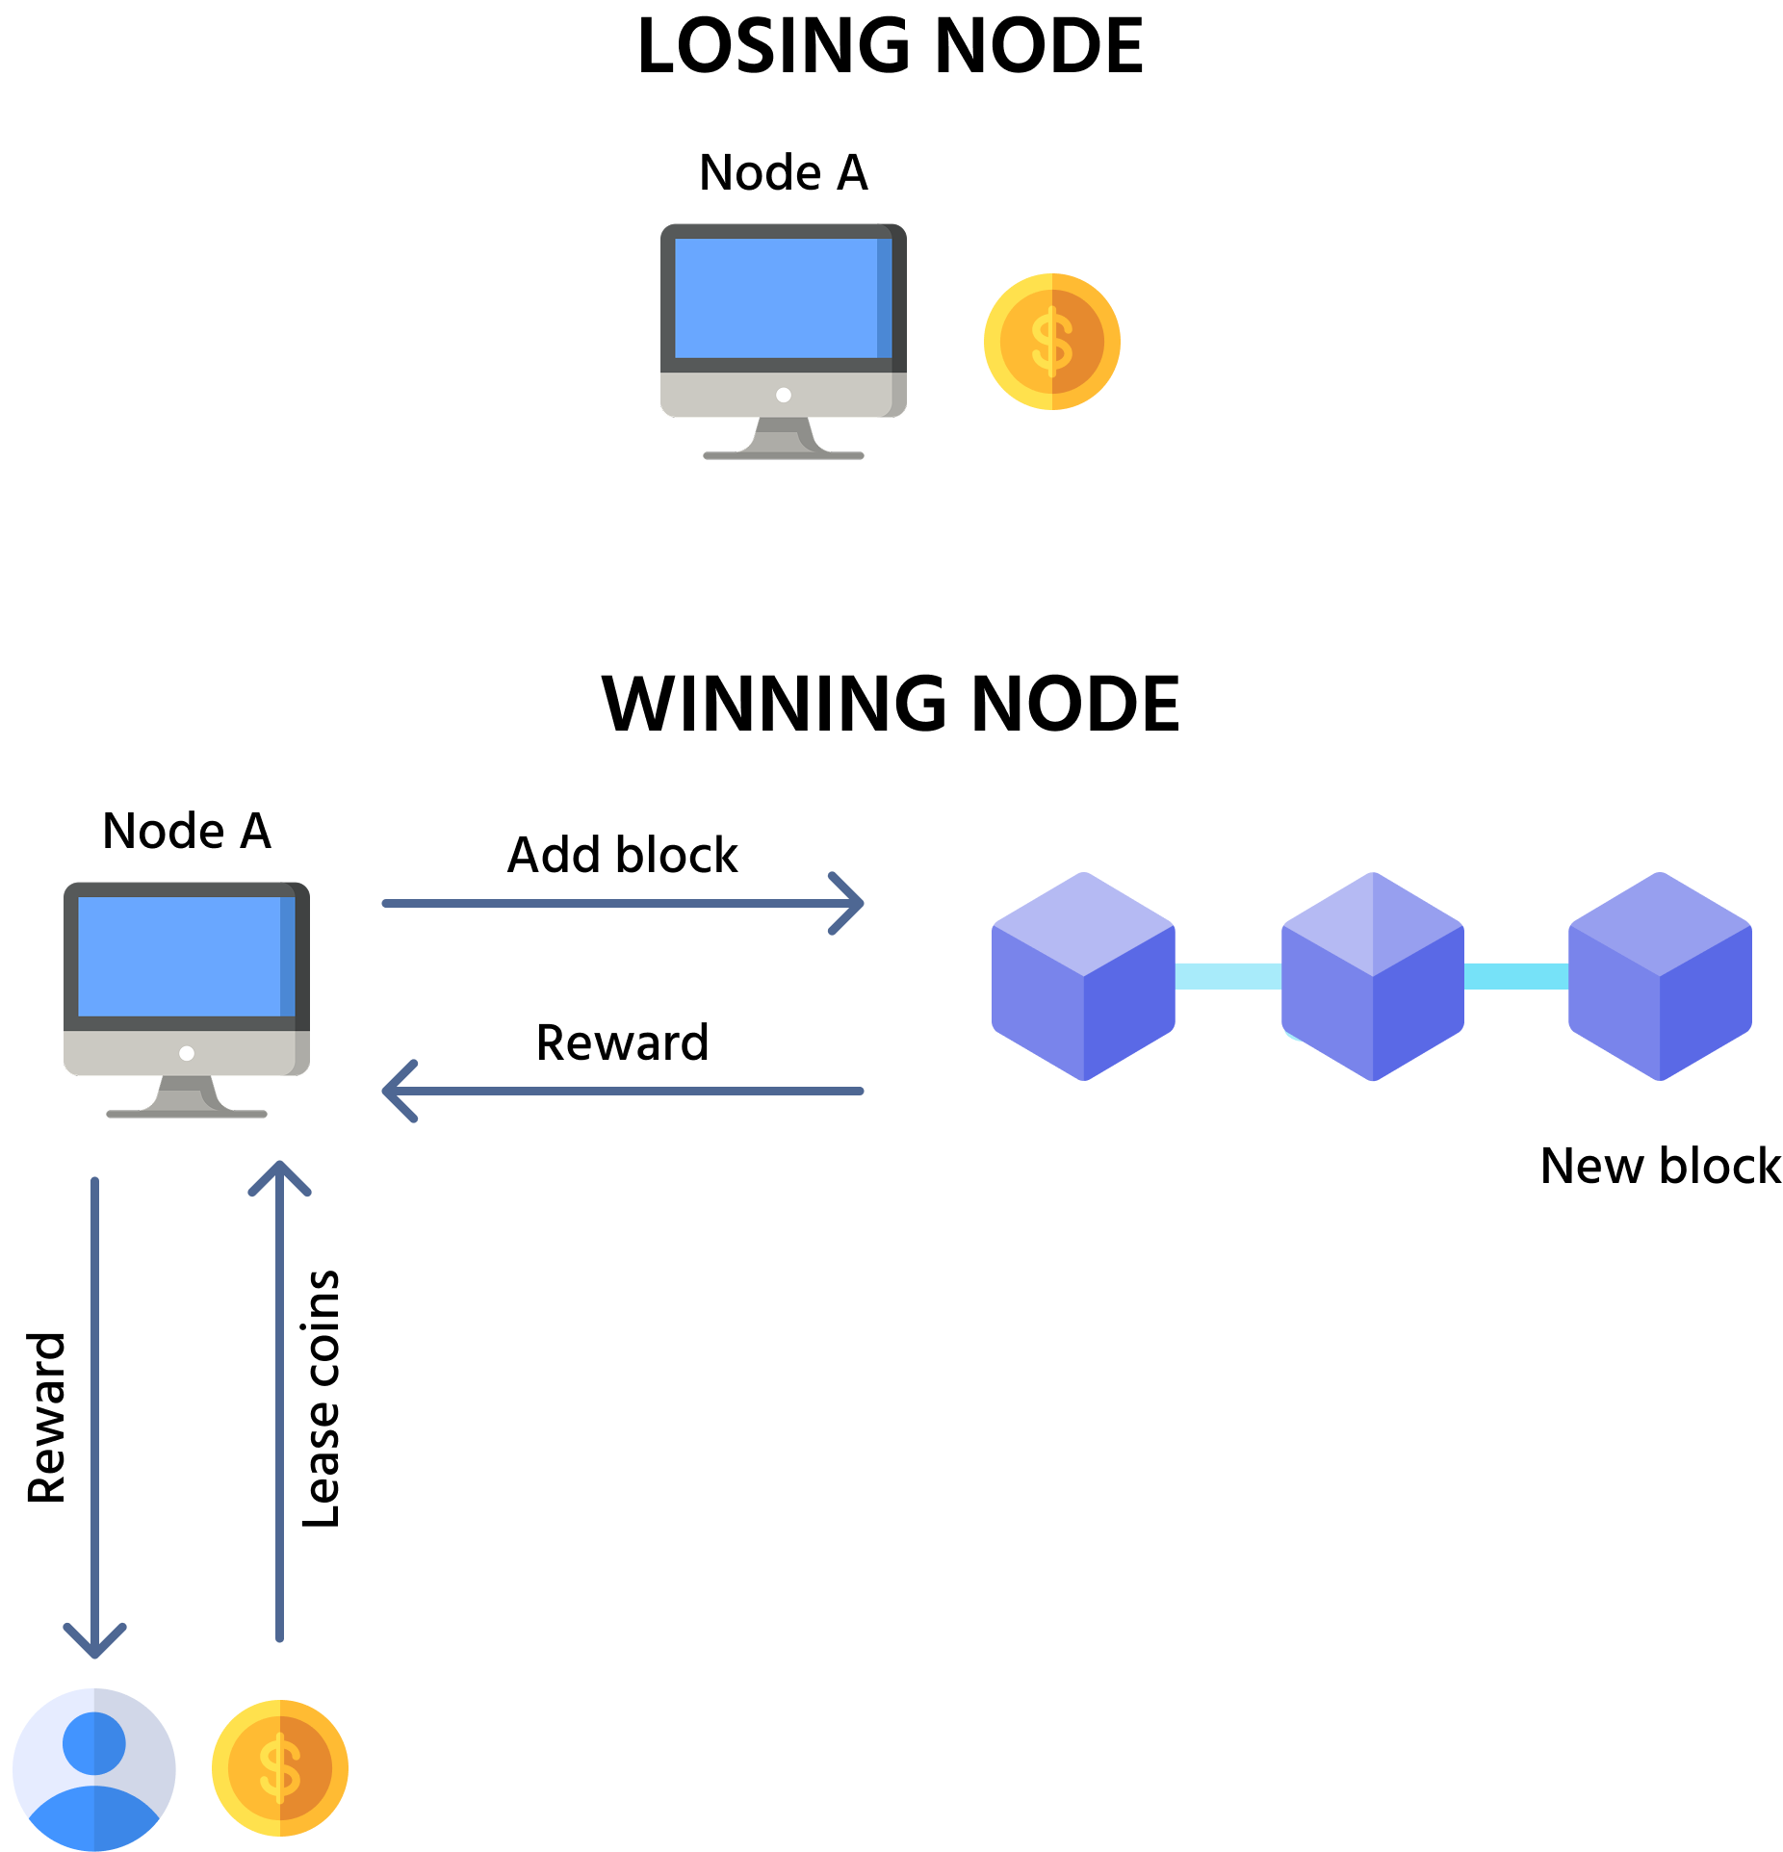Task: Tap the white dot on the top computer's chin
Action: [784, 395]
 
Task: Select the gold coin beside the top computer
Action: [1051, 342]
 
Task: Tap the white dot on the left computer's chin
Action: [187, 1053]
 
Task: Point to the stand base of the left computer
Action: [187, 1114]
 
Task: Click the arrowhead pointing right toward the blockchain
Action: [851, 903]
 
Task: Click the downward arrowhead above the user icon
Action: [94, 1644]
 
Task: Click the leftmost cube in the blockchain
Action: [1083, 977]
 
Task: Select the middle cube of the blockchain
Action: [1373, 977]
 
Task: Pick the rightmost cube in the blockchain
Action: [1660, 977]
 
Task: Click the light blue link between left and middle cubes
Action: [1228, 976]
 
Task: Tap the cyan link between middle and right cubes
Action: [1516, 976]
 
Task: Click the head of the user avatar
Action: [94, 1743]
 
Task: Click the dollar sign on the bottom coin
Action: [280, 1768]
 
